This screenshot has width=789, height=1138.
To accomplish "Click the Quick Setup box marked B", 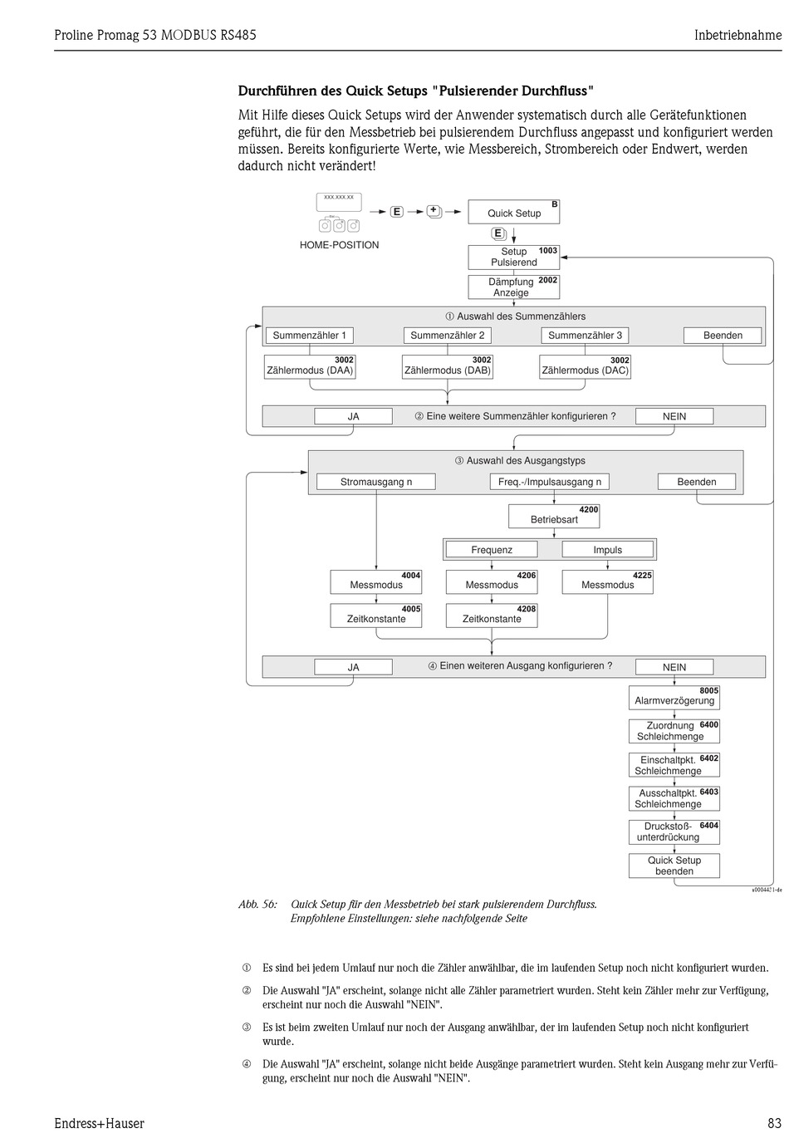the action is (x=513, y=212).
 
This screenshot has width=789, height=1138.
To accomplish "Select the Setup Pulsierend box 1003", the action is (x=513, y=257).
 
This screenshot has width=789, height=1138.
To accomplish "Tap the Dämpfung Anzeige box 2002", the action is (x=513, y=287).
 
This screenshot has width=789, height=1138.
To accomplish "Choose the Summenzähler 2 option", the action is (x=447, y=336).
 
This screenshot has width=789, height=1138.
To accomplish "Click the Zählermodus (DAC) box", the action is (x=585, y=367).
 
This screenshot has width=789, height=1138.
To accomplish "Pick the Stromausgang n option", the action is (x=376, y=482).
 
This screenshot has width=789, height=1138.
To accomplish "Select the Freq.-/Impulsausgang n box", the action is (x=549, y=482).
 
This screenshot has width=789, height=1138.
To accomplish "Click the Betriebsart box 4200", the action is (x=554, y=516).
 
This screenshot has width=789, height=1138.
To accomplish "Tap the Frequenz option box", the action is (x=492, y=549).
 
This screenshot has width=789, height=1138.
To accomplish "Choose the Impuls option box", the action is (x=607, y=549).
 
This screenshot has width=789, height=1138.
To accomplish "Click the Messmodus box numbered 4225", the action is (x=607, y=582).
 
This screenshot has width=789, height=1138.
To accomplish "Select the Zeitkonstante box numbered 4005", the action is (x=376, y=616).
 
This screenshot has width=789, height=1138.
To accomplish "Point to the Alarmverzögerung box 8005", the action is (x=674, y=698).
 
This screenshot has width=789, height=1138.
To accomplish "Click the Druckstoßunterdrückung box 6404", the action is (x=674, y=831).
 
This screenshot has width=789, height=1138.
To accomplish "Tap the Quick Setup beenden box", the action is (x=674, y=866).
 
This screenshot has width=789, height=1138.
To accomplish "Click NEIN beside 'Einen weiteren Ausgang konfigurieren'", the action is (x=674, y=667).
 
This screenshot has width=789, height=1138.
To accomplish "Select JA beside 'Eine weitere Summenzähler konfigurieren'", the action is (x=353, y=416).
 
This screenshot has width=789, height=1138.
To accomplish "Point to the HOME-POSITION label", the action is (x=339, y=245).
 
